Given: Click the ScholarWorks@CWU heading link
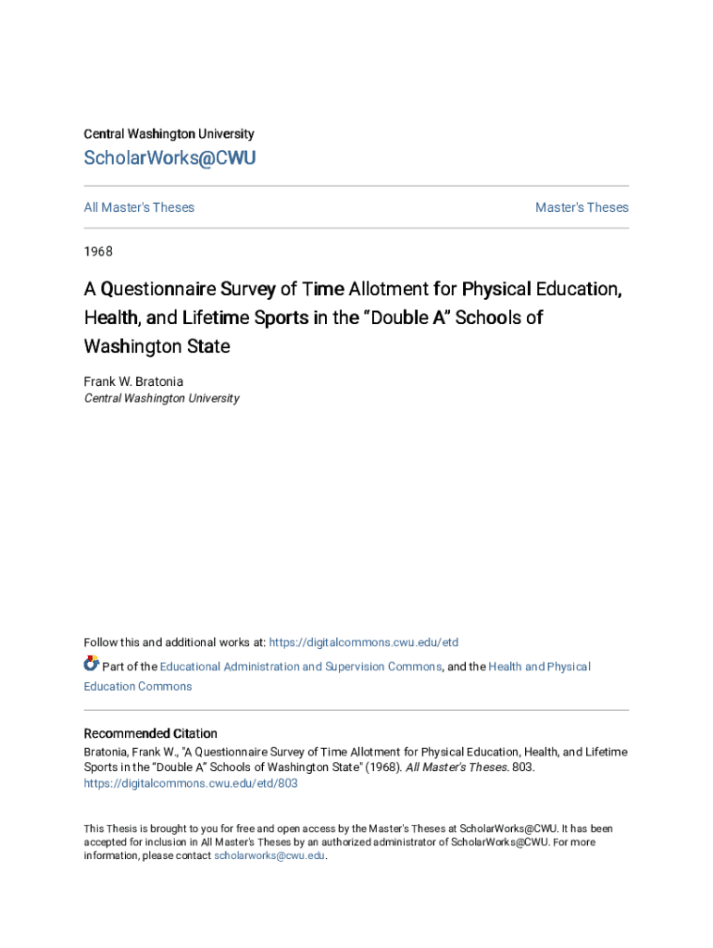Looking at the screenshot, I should tap(169, 158).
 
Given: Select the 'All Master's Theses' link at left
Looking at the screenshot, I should tap(139, 207).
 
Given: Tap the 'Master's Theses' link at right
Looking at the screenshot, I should tap(582, 207).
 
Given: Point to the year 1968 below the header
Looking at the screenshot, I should tap(98, 251).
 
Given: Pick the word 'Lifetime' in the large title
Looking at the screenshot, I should tap(221, 318).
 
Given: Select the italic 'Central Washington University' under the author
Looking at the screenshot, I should tap(161, 398).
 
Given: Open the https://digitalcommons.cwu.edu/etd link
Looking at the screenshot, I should tap(363, 642).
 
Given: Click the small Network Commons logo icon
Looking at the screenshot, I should tap(91, 664).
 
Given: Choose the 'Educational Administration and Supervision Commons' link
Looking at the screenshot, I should tap(300, 667).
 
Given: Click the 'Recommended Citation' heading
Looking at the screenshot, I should tap(150, 733).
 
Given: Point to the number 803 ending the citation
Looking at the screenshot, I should tap(522, 767).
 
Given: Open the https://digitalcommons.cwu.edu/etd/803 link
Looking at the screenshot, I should tap(191, 783).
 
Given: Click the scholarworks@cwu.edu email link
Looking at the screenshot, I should tap(269, 856).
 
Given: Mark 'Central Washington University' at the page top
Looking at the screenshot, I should tap(169, 134).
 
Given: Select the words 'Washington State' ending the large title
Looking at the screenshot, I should tap(156, 347).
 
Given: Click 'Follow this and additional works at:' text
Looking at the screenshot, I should tap(174, 642).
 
